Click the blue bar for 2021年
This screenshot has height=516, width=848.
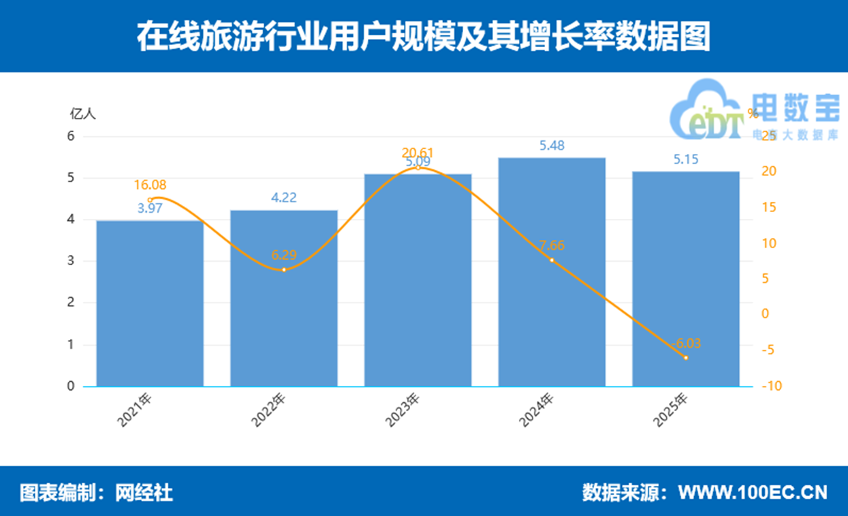tap(150, 303)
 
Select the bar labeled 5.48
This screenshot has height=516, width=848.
tap(552, 273)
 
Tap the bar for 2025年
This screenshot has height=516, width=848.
tap(686, 279)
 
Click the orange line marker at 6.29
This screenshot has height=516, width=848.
tap(284, 270)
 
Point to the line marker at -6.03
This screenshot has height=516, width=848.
tap(686, 358)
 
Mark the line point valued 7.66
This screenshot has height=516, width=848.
tap(552, 260)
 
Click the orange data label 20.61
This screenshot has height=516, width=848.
tap(418, 153)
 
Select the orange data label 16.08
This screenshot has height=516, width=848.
tap(150, 185)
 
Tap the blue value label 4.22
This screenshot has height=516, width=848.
tap(284, 198)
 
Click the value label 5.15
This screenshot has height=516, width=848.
tap(686, 159)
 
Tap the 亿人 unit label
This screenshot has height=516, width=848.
tap(83, 114)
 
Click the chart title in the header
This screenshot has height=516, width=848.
tap(423, 36)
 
